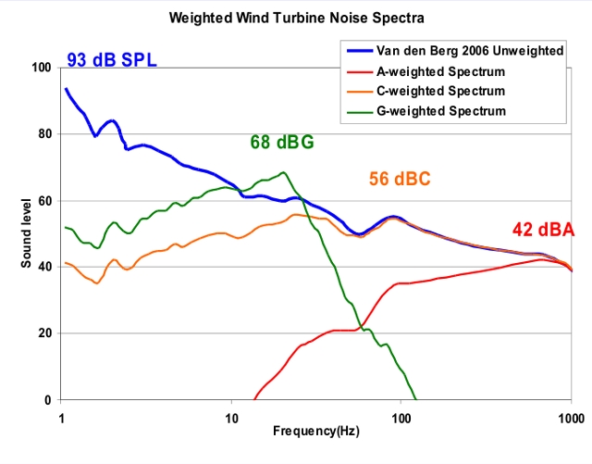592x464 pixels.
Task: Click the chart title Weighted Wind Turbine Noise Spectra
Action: (295, 18)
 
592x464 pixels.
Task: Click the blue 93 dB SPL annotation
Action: (112, 61)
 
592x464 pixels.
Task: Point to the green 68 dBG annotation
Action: (282, 143)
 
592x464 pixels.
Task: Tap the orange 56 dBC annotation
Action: (400, 180)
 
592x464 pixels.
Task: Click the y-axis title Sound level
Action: (28, 234)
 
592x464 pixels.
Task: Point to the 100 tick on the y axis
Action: (40, 68)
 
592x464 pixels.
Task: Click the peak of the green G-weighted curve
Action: (283, 172)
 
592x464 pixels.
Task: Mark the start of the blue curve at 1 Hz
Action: (65, 89)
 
